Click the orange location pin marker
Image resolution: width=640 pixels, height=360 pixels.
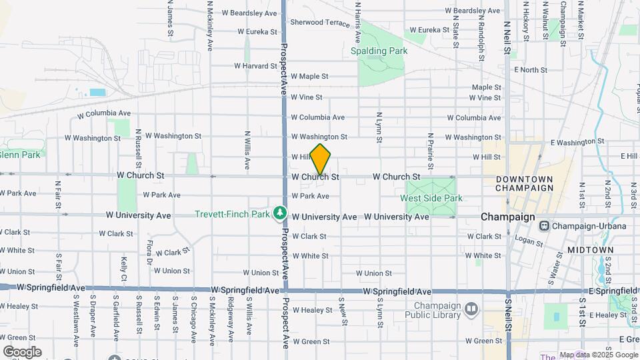pyautogui.click(x=321, y=159)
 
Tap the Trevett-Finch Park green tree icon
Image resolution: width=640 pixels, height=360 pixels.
pyautogui.click(x=281, y=213)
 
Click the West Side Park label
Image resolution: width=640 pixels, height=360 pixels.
pyautogui.click(x=431, y=198)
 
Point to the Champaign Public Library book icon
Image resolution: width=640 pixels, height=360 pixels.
pyautogui.click(x=471, y=308)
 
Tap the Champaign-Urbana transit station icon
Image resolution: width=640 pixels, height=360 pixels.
pyautogui.click(x=545, y=225)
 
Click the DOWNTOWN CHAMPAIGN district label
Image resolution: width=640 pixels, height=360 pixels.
pyautogui.click(x=524, y=184)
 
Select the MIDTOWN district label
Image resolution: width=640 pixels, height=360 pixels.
pyautogui.click(x=590, y=249)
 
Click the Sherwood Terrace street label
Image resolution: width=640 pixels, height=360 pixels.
pyautogui.click(x=320, y=22)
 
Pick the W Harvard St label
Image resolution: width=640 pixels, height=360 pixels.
pyautogui.click(x=255, y=66)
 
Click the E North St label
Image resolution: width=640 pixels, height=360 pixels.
pyautogui.click(x=530, y=69)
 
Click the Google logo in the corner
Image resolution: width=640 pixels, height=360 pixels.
pyautogui.click(x=22, y=351)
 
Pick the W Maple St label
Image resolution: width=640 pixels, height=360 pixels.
pyautogui.click(x=309, y=77)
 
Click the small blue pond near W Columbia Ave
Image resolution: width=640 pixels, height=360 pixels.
pyautogui.click(x=97, y=92)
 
